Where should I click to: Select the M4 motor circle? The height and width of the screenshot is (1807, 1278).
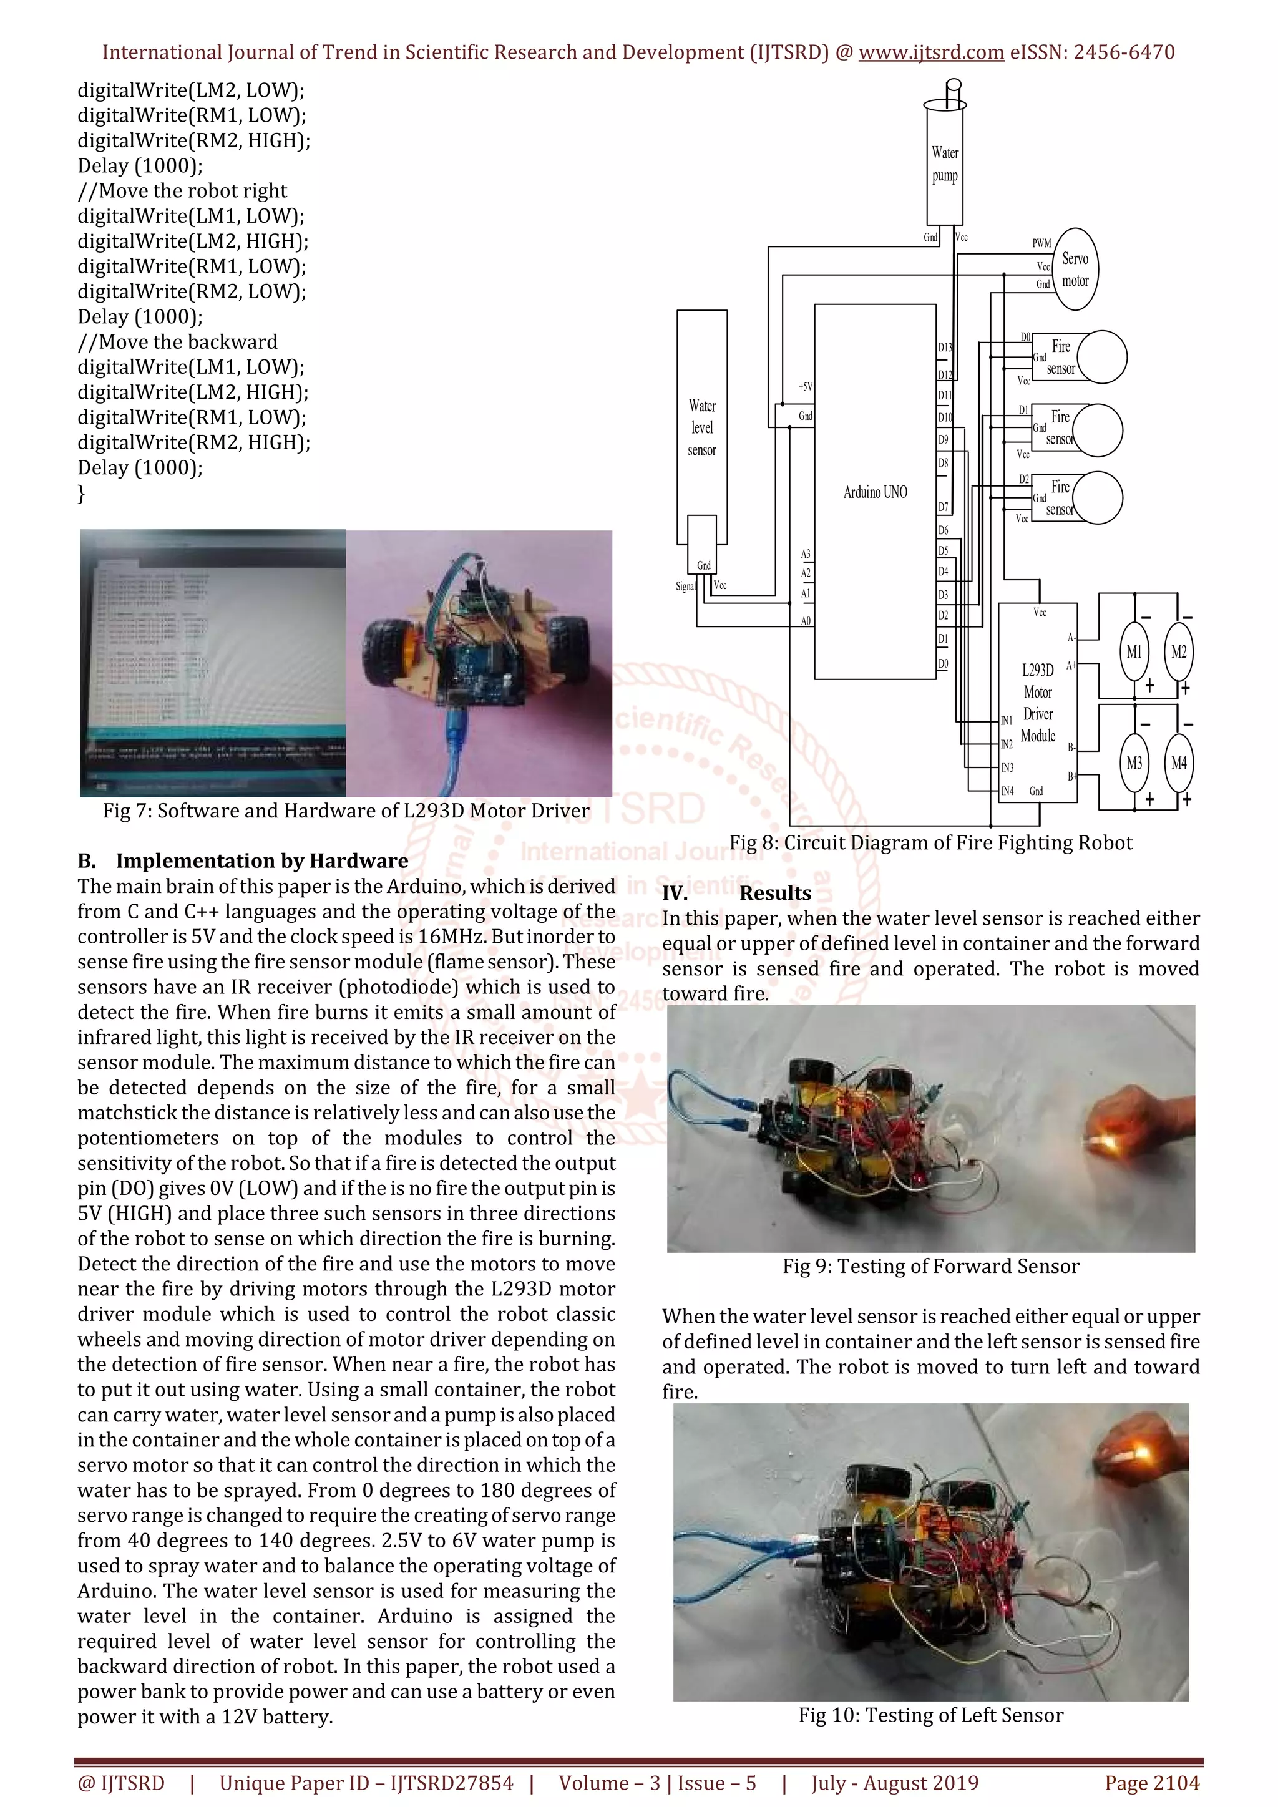coord(1178,762)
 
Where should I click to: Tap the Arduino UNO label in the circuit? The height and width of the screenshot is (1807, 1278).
coord(875,492)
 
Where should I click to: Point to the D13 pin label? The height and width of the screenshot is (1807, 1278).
coord(944,347)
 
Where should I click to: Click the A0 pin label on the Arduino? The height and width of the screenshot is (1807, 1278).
coord(806,621)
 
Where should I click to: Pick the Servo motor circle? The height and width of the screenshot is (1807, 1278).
coord(1075,269)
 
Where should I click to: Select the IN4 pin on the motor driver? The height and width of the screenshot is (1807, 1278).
coord(1007,791)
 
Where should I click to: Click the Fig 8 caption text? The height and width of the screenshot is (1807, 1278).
coord(930,843)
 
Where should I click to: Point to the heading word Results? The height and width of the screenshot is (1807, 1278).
coord(775,894)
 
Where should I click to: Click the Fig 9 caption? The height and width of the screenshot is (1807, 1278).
coord(930,1266)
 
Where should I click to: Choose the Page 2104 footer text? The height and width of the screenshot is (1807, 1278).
coord(1152,1783)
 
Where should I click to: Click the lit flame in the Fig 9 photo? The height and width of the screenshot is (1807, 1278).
coord(1100,1138)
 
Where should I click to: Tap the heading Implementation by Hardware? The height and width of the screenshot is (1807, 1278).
coord(261,861)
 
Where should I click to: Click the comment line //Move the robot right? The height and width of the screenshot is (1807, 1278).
coord(183,190)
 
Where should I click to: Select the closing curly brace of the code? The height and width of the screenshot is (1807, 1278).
coord(81,494)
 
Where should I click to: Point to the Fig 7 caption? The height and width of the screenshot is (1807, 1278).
coord(346,811)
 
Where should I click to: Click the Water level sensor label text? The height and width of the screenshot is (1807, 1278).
coord(702,428)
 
